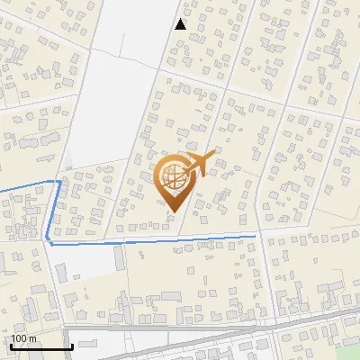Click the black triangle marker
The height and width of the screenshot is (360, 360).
[x=181, y=25]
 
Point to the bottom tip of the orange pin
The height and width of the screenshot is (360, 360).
[x=172, y=211]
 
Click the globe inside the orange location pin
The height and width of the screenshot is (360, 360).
[x=171, y=177]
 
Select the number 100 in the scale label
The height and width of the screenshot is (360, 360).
[x=20, y=338]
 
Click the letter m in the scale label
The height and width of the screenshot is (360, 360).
[x=32, y=338]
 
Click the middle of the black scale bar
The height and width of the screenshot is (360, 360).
[x=41, y=346]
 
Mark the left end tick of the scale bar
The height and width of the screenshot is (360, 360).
[x=11, y=346]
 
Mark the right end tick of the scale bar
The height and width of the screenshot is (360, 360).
[x=72, y=346]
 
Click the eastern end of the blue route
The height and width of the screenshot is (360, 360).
[x=256, y=236]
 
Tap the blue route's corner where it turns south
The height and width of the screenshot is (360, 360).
[x=60, y=181]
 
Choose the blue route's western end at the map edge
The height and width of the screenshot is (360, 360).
[x=1, y=191]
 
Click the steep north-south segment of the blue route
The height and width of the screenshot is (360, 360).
[x=55, y=211]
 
